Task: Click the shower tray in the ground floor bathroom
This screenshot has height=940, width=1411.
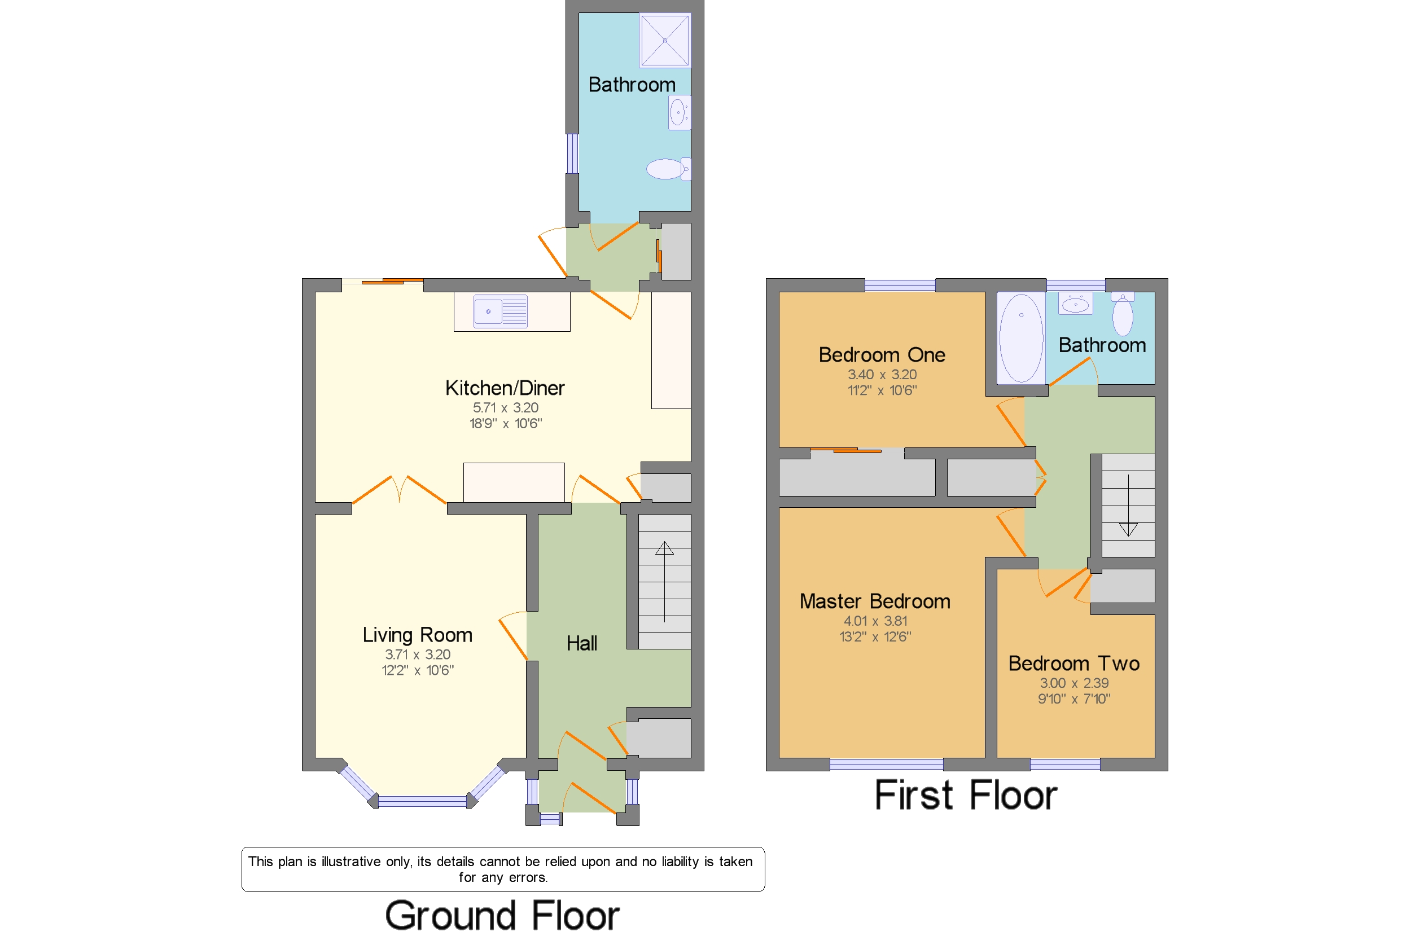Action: (x=664, y=40)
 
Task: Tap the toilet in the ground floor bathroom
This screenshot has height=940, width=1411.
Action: (x=668, y=169)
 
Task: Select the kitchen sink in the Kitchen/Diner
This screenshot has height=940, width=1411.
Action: (x=500, y=311)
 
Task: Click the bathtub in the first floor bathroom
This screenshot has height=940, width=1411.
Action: (x=1020, y=338)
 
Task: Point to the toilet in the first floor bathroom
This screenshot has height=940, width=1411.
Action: (x=1123, y=314)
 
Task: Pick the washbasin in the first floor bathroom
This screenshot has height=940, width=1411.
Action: (x=1075, y=304)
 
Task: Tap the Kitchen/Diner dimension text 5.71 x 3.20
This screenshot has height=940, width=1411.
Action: (x=506, y=407)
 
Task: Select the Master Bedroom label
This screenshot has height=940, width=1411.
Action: (x=875, y=601)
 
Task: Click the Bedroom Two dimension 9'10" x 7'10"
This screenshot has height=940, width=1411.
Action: (x=1074, y=699)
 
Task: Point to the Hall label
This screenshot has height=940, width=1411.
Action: (x=582, y=643)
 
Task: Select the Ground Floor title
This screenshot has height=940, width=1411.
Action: (x=502, y=915)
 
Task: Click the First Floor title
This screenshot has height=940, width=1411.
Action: (x=966, y=796)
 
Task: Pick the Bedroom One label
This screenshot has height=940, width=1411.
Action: (x=882, y=355)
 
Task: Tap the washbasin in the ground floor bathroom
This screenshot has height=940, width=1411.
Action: (x=680, y=112)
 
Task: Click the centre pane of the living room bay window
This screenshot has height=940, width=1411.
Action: (x=422, y=801)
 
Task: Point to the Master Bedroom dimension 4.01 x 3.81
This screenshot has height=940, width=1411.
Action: (x=875, y=621)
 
